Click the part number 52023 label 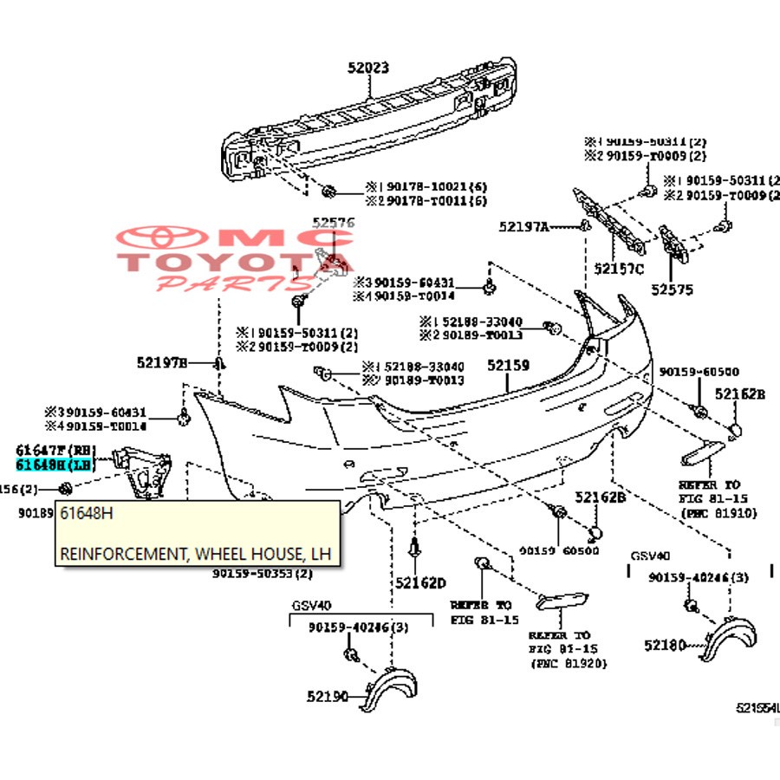click(368, 67)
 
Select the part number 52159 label click(507, 366)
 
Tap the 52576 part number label click(334, 224)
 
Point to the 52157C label click(619, 270)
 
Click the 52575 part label click(673, 290)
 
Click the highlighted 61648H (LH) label click(55, 465)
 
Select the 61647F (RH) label click(55, 451)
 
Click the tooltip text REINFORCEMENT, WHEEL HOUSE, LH click(195, 553)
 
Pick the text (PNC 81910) click(718, 514)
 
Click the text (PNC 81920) click(568, 663)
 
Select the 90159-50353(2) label click(262, 573)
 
